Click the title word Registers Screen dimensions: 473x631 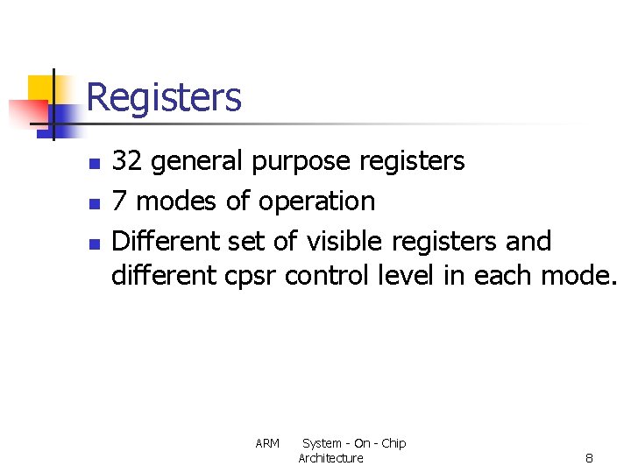coord(164,97)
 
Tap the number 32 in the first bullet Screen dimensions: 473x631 coord(127,161)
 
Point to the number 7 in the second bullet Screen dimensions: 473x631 coord(120,201)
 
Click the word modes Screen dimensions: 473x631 coord(178,201)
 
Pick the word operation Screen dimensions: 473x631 coord(316,201)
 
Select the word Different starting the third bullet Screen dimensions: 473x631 coord(167,240)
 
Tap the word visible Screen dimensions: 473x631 coord(344,240)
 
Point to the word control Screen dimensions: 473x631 coord(329,275)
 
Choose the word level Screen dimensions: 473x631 coord(406,275)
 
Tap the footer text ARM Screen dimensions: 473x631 coord(267,444)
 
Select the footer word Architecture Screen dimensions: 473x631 coord(330,458)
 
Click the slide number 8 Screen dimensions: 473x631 coord(589,458)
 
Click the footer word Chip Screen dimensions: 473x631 coord(393,443)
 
